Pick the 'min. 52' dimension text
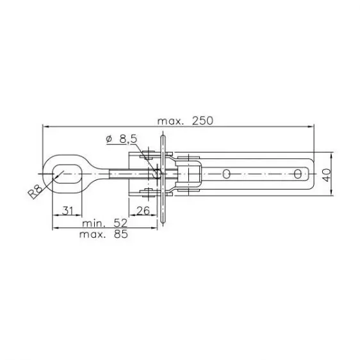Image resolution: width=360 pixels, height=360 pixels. pos(105,224)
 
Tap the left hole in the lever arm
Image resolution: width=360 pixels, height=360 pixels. pos(227,172)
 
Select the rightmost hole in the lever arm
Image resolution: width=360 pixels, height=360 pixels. pos(298,172)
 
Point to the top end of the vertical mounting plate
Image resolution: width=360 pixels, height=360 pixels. pos(163,133)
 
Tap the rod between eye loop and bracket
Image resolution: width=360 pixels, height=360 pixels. pos(109,172)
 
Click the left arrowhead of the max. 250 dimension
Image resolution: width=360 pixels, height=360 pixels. pos(45,127)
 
